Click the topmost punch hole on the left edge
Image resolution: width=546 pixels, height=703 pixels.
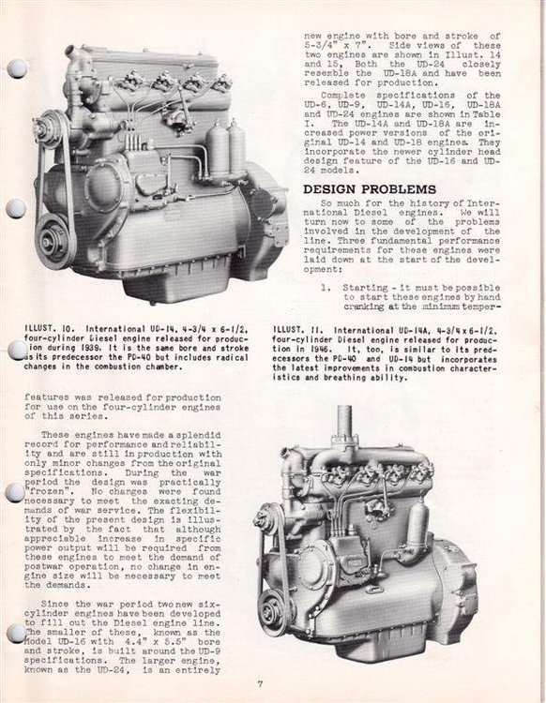16,68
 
